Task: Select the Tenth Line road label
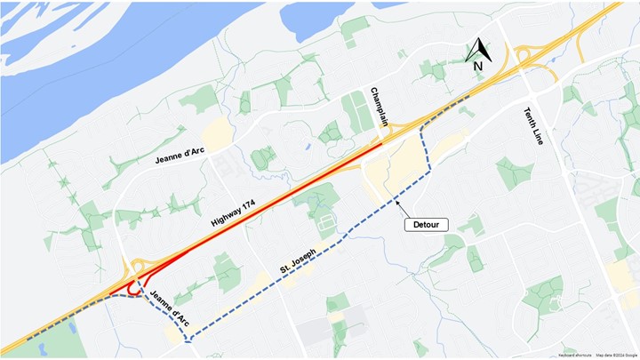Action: pyautogui.click(x=537, y=124)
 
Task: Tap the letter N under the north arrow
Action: pyautogui.click(x=477, y=65)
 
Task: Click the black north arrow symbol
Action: pyautogui.click(x=477, y=49)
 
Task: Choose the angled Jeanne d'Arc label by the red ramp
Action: pyautogui.click(x=169, y=308)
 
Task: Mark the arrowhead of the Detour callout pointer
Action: pyautogui.click(x=394, y=203)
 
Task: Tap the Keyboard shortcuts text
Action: pyautogui.click(x=576, y=355)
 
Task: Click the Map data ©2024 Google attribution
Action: pyautogui.click(x=617, y=355)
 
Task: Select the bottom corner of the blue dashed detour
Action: pyautogui.click(x=187, y=340)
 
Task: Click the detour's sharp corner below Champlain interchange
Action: pyautogui.click(x=428, y=173)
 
